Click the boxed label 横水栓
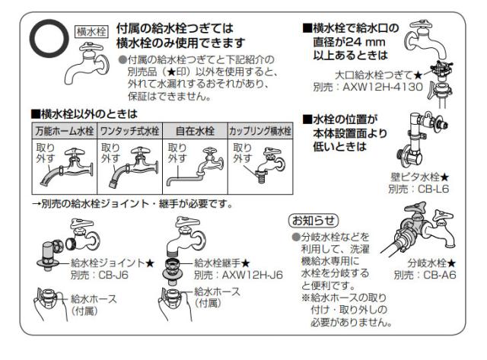(91, 32)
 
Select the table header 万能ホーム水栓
(65, 131)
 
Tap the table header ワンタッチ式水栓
(130, 131)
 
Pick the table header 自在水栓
(195, 131)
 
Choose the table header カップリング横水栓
(260, 131)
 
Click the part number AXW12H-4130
(383, 87)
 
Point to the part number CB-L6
(433, 189)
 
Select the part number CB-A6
(440, 275)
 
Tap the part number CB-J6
(113, 275)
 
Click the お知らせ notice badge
(314, 221)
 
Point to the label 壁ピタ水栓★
(419, 177)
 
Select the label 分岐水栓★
(431, 263)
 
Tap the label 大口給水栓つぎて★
(379, 75)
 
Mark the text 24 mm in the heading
(365, 42)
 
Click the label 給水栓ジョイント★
(113, 263)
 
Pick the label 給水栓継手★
(222, 263)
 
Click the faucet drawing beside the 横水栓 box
(86, 64)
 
